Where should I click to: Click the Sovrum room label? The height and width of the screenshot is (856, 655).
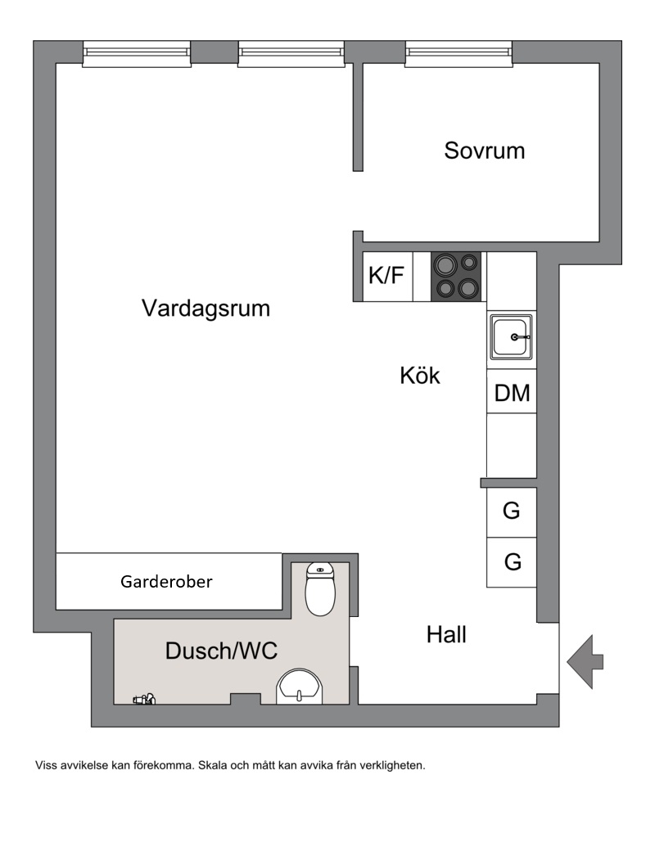[484, 151]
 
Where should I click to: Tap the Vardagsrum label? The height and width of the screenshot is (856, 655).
[206, 309]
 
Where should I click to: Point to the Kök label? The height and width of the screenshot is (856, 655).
[419, 376]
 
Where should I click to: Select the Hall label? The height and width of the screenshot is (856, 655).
[446, 635]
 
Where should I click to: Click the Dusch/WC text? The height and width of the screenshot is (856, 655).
[221, 651]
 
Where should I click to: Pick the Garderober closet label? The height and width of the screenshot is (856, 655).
[166, 582]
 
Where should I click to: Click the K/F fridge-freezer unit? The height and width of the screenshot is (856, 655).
[388, 277]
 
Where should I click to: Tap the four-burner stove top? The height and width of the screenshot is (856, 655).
[456, 277]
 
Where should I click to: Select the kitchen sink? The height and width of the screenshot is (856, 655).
[512, 337]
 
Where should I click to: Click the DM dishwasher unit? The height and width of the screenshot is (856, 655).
[512, 392]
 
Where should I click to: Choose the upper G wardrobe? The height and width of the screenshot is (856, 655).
[512, 512]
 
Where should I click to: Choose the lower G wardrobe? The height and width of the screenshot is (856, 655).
[512, 562]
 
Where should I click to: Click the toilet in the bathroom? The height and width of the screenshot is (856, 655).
[320, 589]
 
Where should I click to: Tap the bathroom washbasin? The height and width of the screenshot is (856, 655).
[300, 687]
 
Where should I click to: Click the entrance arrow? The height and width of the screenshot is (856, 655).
[585, 662]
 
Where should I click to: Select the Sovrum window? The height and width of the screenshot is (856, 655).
[458, 54]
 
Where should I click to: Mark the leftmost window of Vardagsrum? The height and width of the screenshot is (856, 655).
[137, 54]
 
